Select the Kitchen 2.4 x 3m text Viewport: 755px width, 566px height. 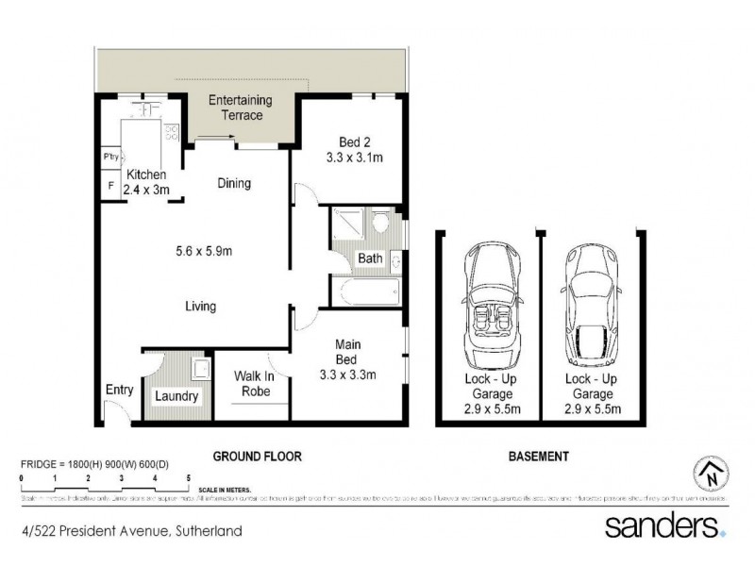pyautogui.click(x=146, y=182)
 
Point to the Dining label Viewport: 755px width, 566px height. pyautogui.click(x=233, y=183)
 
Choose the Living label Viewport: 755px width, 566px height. pyautogui.click(x=200, y=306)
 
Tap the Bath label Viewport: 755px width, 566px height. pyautogui.click(x=368, y=258)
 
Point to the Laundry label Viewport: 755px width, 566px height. pyautogui.click(x=176, y=396)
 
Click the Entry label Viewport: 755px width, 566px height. pyautogui.click(x=120, y=389)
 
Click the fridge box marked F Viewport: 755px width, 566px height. pyautogui.click(x=110, y=186)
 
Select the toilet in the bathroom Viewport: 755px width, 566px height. pyautogui.click(x=380, y=225)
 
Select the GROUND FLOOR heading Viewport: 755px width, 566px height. pyautogui.click(x=256, y=457)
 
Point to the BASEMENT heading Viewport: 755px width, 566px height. pyautogui.click(x=538, y=457)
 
